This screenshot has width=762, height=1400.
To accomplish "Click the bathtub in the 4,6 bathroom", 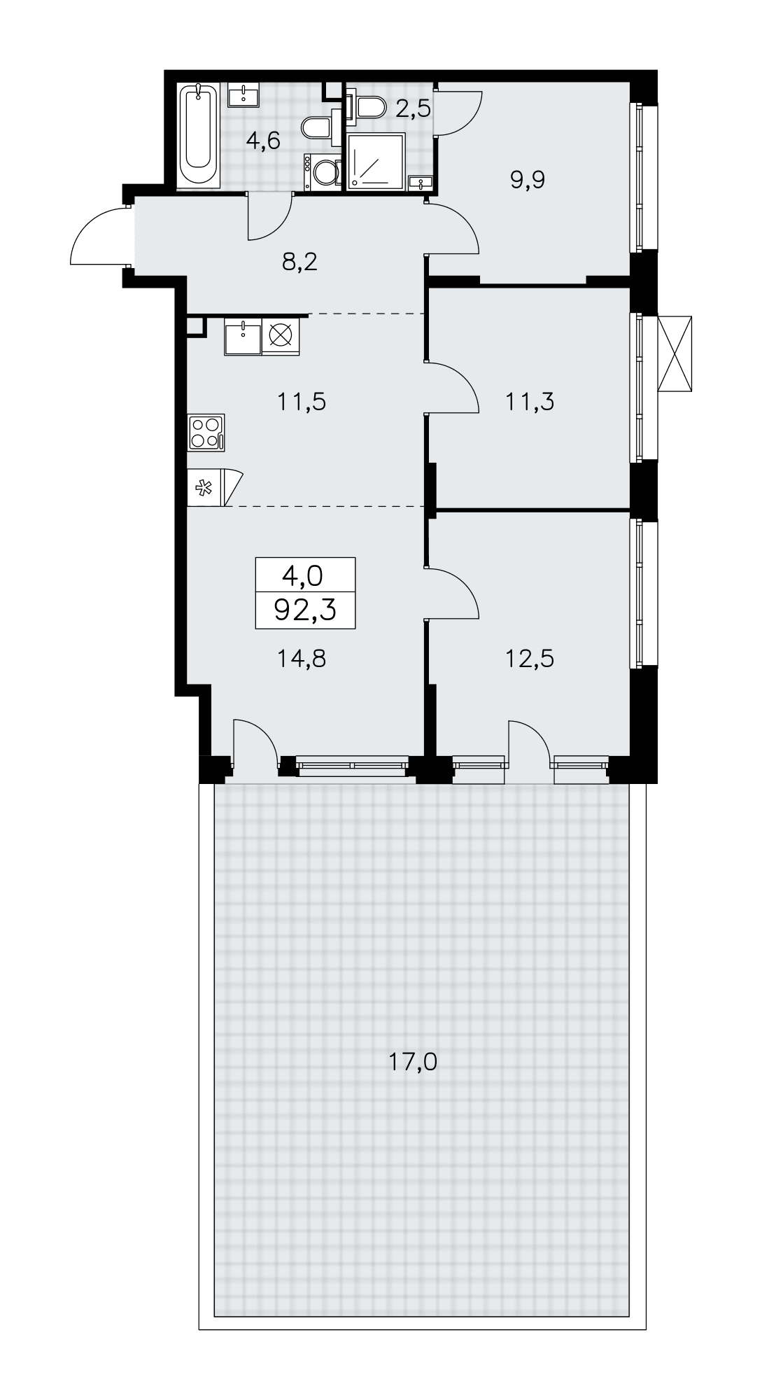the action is (x=199, y=135).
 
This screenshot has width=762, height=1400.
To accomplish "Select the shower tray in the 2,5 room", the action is (x=376, y=162).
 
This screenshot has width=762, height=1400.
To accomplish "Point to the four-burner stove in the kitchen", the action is (x=206, y=431).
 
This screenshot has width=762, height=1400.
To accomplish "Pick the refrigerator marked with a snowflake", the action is (x=215, y=487).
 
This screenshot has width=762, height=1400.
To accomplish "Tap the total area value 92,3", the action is (x=306, y=610).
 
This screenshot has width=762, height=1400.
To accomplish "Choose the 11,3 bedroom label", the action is (x=530, y=402).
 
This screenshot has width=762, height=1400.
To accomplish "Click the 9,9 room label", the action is (x=528, y=180).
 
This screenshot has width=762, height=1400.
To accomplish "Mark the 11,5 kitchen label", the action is (x=302, y=402).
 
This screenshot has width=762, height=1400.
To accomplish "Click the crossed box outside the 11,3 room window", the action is (x=675, y=353).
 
